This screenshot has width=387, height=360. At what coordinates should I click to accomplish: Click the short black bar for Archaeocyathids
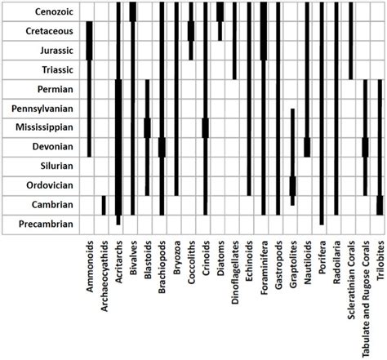coord(104,205)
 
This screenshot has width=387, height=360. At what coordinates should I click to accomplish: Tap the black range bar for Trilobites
coord(380,205)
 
